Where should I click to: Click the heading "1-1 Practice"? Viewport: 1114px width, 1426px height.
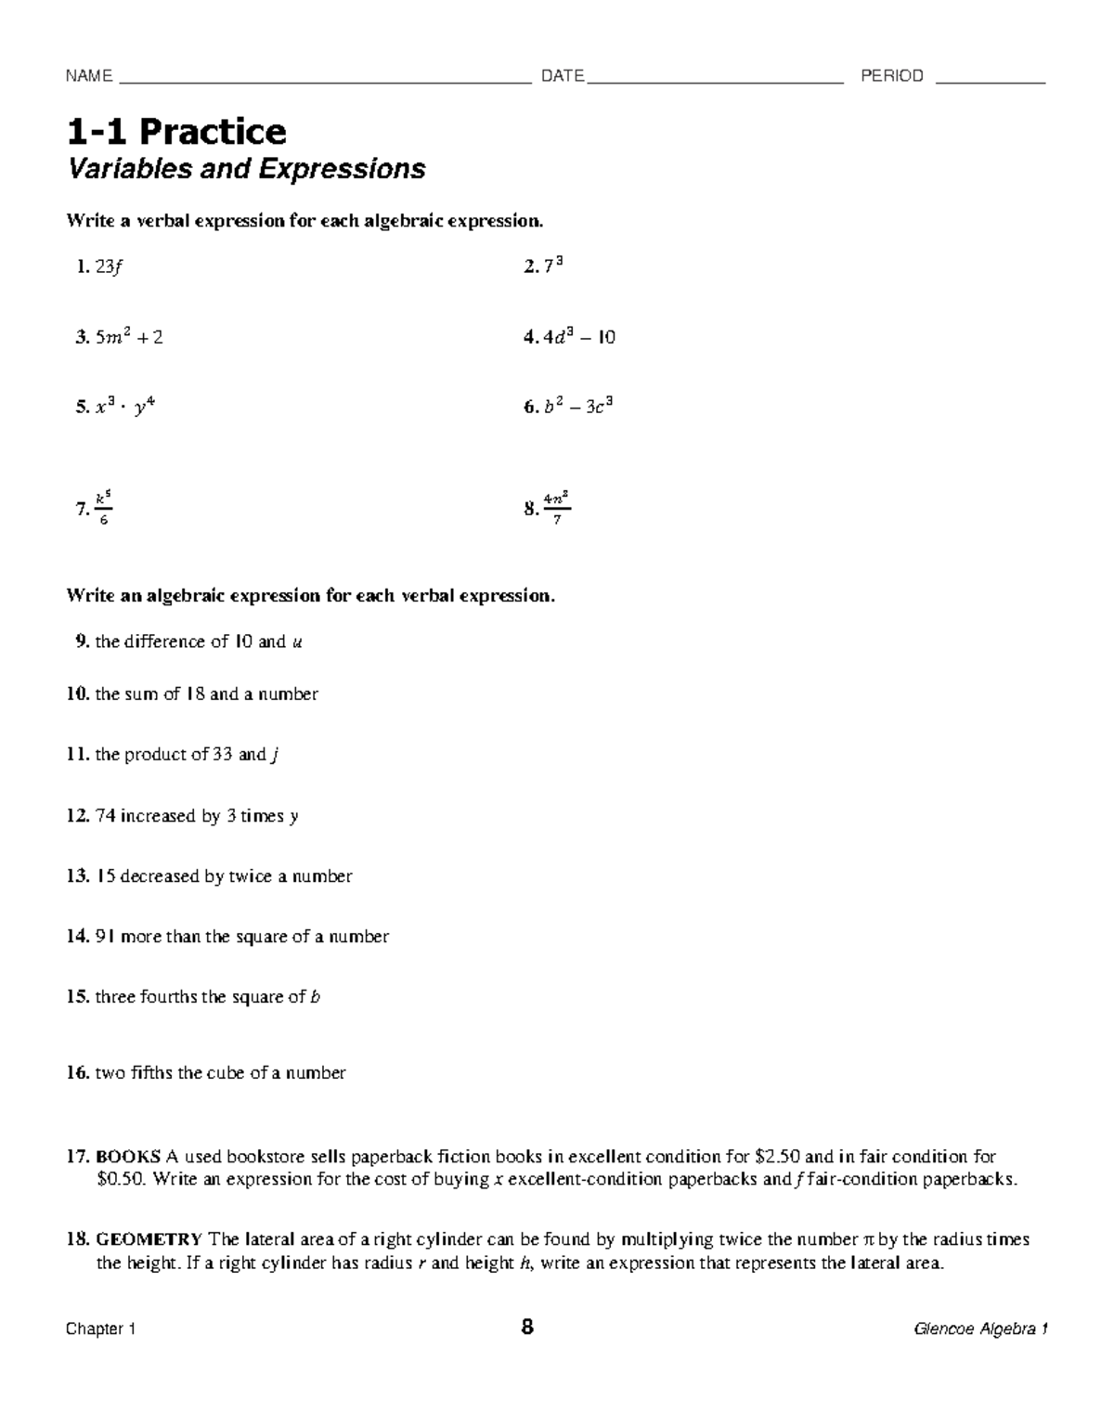(x=175, y=132)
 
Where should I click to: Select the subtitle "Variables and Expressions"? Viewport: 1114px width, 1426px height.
(x=246, y=169)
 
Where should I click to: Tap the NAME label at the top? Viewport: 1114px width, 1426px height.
(x=88, y=76)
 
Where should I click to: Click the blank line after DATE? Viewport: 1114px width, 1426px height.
(x=715, y=78)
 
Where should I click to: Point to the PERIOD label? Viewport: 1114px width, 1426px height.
(x=892, y=76)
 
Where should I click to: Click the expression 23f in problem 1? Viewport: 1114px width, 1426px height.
(x=108, y=267)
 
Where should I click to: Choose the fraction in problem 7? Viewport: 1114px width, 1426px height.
(x=104, y=508)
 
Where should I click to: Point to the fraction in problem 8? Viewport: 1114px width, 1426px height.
(x=557, y=508)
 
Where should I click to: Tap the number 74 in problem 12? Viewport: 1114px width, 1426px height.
(x=105, y=816)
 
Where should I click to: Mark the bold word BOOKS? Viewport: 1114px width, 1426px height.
(x=128, y=1157)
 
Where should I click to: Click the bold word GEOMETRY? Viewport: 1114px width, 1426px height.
(x=149, y=1239)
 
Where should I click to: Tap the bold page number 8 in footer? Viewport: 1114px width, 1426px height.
(x=527, y=1328)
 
